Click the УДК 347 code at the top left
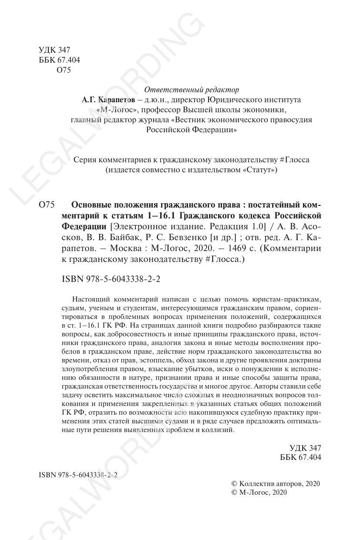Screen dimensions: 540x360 [x=54, y=50]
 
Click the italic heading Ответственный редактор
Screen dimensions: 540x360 [x=192, y=90]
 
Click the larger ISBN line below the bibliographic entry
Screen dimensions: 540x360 [x=111, y=279]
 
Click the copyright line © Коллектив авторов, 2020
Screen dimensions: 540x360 [x=275, y=483]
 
